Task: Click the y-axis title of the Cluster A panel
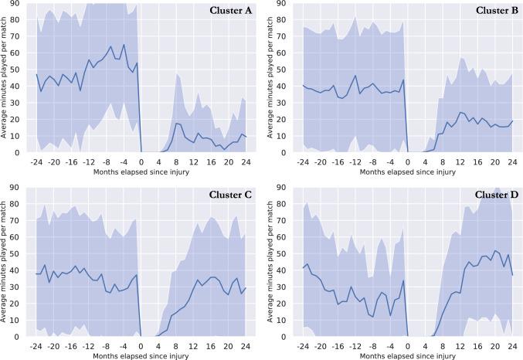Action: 6,80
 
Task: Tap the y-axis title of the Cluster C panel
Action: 6,263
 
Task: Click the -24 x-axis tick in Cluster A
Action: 36,162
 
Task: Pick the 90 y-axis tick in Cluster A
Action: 17,4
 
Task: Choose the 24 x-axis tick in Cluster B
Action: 511,162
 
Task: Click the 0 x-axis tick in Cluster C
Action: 140,346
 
